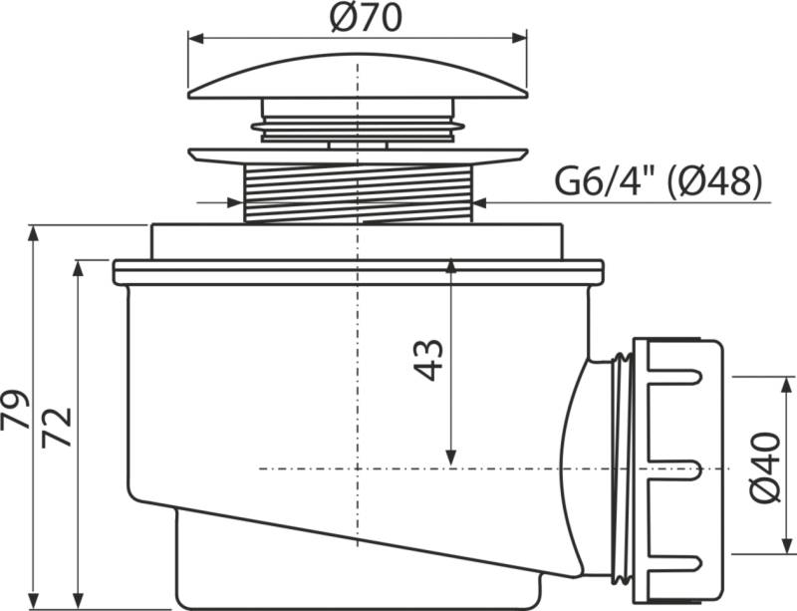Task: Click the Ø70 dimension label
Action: (366, 18)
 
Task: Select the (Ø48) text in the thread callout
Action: (714, 181)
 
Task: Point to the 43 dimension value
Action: (428, 360)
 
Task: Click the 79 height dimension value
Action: (15, 410)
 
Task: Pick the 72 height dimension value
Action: (57, 428)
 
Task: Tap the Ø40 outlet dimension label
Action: (765, 467)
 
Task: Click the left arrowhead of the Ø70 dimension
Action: (195, 39)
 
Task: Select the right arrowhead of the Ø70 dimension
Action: (519, 39)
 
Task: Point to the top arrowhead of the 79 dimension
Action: (34, 233)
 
